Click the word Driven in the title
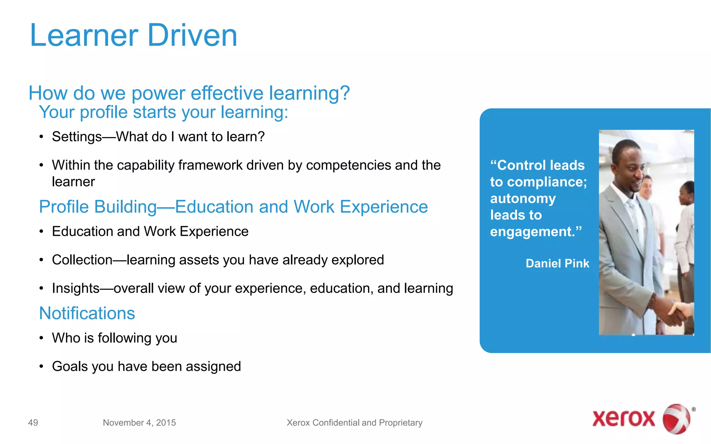tap(192, 35)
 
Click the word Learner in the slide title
tap(84, 35)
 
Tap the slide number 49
tap(33, 422)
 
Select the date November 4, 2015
tap(139, 422)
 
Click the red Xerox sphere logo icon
tap(676, 419)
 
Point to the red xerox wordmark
tap(624, 419)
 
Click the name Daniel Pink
tap(557, 264)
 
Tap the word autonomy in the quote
tap(523, 199)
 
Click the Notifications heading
tap(87, 313)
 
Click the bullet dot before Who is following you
tap(41, 338)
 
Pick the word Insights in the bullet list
tap(76, 288)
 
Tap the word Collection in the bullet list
tap(82, 260)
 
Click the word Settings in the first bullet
tap(77, 137)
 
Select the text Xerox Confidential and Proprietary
tap(354, 422)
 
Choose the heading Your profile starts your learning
tap(164, 112)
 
